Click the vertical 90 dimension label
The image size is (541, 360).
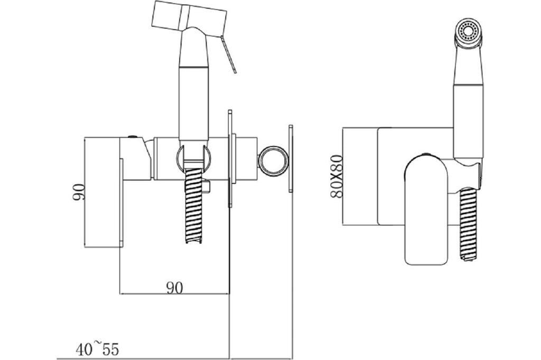click(79, 193)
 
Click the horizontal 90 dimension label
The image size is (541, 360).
click(175, 288)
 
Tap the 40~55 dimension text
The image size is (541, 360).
click(97, 349)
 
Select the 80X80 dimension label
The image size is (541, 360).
click(337, 176)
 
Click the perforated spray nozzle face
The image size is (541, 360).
click(468, 30)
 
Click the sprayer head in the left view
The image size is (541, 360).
click(190, 18)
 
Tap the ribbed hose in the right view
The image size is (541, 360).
click(469, 224)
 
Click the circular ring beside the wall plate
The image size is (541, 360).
click(273, 161)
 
